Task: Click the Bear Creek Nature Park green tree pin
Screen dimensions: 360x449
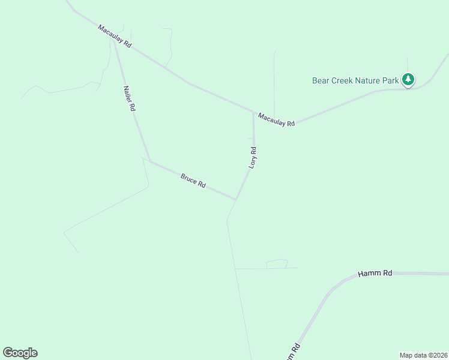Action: pos(408,79)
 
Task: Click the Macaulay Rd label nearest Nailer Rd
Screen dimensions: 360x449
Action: pos(115,37)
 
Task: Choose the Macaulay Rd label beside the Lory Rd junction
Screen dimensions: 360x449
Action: pos(276,119)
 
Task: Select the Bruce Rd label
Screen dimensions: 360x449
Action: pos(193,181)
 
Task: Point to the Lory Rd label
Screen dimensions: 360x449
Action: pos(253,157)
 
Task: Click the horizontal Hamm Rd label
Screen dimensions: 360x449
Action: pos(375,273)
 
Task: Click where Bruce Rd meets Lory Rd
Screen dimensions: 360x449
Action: pos(235,199)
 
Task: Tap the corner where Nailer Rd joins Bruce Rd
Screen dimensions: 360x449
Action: pos(149,161)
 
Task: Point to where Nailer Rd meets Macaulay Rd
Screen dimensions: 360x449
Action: pos(114,41)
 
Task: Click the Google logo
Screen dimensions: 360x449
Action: pos(20,353)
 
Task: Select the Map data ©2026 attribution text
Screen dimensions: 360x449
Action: pos(423,355)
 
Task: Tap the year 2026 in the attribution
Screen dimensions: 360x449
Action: pos(439,355)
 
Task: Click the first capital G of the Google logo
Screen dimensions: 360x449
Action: pos(8,353)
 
